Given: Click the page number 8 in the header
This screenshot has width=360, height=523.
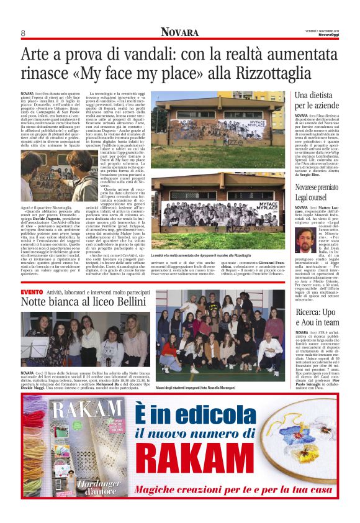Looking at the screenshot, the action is [22, 33].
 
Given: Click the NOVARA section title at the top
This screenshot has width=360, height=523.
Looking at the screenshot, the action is [180, 32].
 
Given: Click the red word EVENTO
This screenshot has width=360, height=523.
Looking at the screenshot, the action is [32, 291].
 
